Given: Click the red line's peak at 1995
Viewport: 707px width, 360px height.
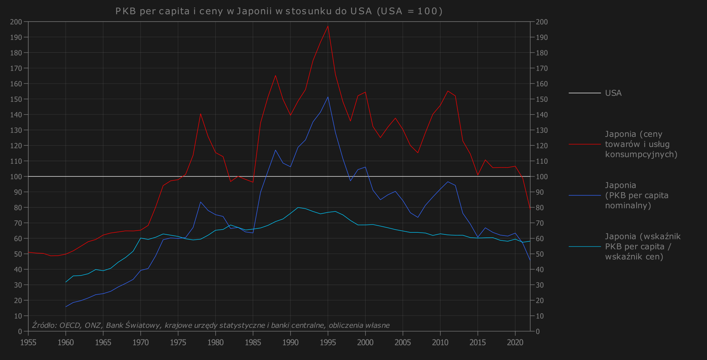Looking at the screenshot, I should point(328,26).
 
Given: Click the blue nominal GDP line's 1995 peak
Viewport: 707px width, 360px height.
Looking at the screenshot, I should point(328,97).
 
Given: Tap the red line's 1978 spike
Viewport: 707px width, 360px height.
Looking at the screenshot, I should point(200,114).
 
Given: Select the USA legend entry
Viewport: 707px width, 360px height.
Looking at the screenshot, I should point(613,93).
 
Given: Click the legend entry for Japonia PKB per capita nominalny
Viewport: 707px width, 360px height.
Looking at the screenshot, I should point(636,195).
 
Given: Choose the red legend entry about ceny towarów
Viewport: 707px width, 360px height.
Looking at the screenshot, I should point(641,144).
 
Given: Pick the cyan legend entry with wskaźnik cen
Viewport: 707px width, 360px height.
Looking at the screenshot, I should point(642,246).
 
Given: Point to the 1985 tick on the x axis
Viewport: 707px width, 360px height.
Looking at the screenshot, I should point(253,342).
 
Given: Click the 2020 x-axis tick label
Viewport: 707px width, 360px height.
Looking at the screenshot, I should point(515,342).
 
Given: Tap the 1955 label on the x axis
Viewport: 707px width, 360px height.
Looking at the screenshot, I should point(28,342).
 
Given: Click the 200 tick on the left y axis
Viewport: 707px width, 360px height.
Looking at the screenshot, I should point(17,22).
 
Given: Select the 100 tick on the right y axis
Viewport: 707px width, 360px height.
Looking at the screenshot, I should point(542,176).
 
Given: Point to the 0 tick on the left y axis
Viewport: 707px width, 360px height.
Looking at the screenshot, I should point(20,331).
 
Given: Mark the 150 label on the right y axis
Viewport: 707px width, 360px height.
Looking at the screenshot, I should point(542,99).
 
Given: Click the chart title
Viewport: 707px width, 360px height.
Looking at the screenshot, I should point(279,11).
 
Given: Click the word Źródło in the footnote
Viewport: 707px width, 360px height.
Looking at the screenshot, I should point(44,325).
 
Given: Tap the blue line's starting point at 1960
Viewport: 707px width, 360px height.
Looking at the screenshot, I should point(66,307).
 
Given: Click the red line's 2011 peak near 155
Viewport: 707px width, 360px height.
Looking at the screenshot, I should point(448,91).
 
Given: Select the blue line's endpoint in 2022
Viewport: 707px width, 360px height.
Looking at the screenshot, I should point(530,260).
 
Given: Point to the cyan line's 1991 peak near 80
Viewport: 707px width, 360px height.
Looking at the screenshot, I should point(298,208).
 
